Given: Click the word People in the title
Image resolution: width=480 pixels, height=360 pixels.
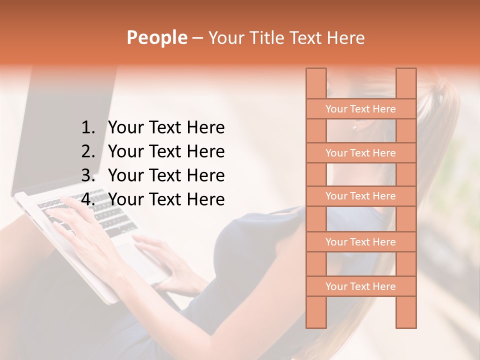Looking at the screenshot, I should pos(156,37).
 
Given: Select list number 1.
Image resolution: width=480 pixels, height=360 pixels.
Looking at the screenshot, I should pos(88,128).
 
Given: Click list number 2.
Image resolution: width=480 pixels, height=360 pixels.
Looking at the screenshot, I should pos(88,151).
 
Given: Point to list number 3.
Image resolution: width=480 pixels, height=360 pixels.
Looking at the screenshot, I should pos(88,175).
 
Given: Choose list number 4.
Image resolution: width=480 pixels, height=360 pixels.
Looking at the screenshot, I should pos(88,199).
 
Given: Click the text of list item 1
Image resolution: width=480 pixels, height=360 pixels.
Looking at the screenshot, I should pos(166,128).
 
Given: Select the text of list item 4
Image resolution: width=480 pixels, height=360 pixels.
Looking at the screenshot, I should pos(166,199).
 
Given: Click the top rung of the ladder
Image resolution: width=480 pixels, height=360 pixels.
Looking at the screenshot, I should pos(360,109).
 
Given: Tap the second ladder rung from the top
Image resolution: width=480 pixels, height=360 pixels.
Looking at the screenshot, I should pos(360,153).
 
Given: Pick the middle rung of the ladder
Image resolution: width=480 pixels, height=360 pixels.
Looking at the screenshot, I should pos(360,196).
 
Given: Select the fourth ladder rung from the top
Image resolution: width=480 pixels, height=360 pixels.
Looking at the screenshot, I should pos(360,242).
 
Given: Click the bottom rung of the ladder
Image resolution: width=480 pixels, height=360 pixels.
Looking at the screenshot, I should pos(360,286).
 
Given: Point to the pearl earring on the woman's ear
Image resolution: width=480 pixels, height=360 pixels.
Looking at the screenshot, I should pos(355,127).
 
